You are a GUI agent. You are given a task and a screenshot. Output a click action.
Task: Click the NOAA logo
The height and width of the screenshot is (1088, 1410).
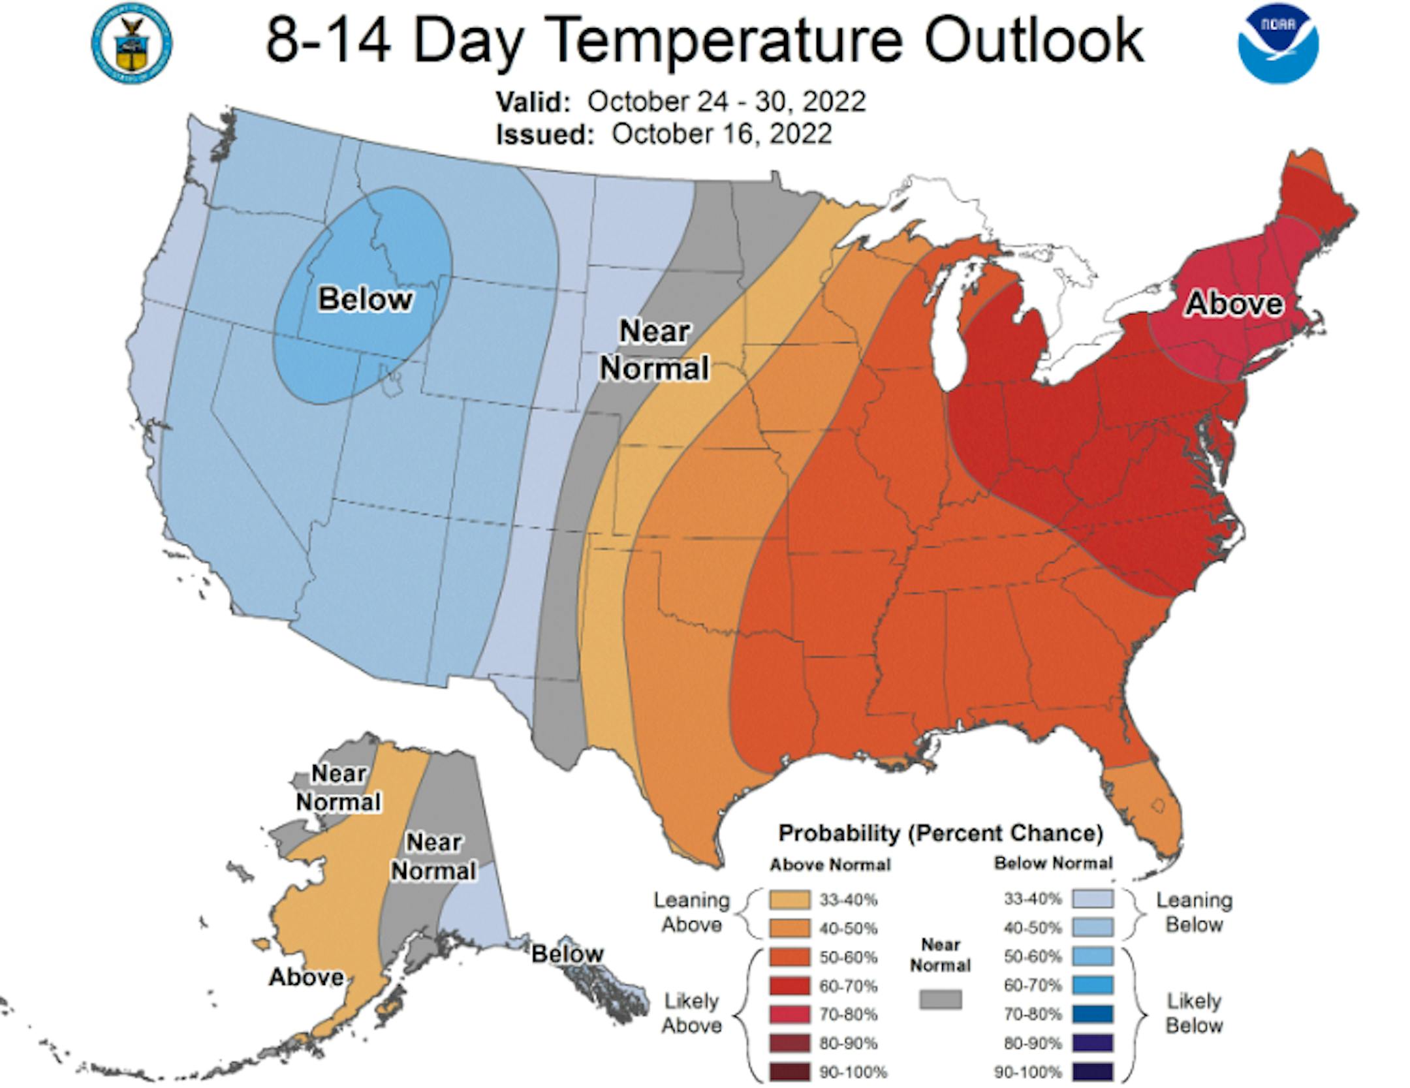tap(1277, 44)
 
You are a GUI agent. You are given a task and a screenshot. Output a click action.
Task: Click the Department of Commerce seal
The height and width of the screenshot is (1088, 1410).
tap(132, 44)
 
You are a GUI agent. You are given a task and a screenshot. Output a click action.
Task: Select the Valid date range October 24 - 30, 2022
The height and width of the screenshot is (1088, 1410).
tap(726, 102)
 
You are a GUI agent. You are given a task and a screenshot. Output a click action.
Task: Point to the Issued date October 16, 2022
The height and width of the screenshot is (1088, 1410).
tap(721, 134)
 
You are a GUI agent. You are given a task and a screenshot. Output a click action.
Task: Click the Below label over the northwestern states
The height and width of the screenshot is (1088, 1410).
tap(365, 300)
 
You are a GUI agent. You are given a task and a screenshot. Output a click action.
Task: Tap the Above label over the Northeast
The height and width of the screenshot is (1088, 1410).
tap(1234, 303)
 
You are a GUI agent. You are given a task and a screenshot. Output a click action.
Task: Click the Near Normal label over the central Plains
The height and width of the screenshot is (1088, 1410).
tap(654, 350)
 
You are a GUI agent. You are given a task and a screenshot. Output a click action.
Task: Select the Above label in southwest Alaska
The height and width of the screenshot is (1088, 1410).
tap(306, 977)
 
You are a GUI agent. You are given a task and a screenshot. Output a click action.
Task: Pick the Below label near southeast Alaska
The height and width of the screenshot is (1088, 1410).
tap(567, 954)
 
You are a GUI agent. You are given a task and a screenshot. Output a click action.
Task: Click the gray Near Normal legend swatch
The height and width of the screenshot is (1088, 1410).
tap(940, 999)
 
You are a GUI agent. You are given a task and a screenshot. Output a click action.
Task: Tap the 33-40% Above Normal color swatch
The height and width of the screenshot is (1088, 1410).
tap(789, 900)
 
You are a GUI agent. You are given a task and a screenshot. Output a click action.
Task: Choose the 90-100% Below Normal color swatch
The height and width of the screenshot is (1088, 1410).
tap(1092, 1072)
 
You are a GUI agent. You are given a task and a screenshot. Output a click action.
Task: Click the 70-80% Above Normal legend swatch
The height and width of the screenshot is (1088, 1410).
tap(789, 1014)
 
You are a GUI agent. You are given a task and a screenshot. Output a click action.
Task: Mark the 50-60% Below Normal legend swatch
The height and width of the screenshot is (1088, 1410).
tap(1092, 957)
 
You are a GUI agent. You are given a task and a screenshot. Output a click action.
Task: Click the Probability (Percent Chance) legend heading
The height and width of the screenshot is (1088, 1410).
tap(941, 833)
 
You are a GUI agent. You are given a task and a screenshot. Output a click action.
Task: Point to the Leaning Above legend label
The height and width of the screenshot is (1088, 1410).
tap(691, 912)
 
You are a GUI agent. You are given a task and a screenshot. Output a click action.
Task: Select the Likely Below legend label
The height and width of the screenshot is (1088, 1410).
tap(1194, 1013)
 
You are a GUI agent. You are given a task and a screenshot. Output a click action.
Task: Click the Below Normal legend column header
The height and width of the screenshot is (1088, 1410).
tap(1053, 863)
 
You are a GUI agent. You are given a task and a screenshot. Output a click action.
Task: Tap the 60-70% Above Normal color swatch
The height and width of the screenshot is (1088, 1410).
tap(789, 986)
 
